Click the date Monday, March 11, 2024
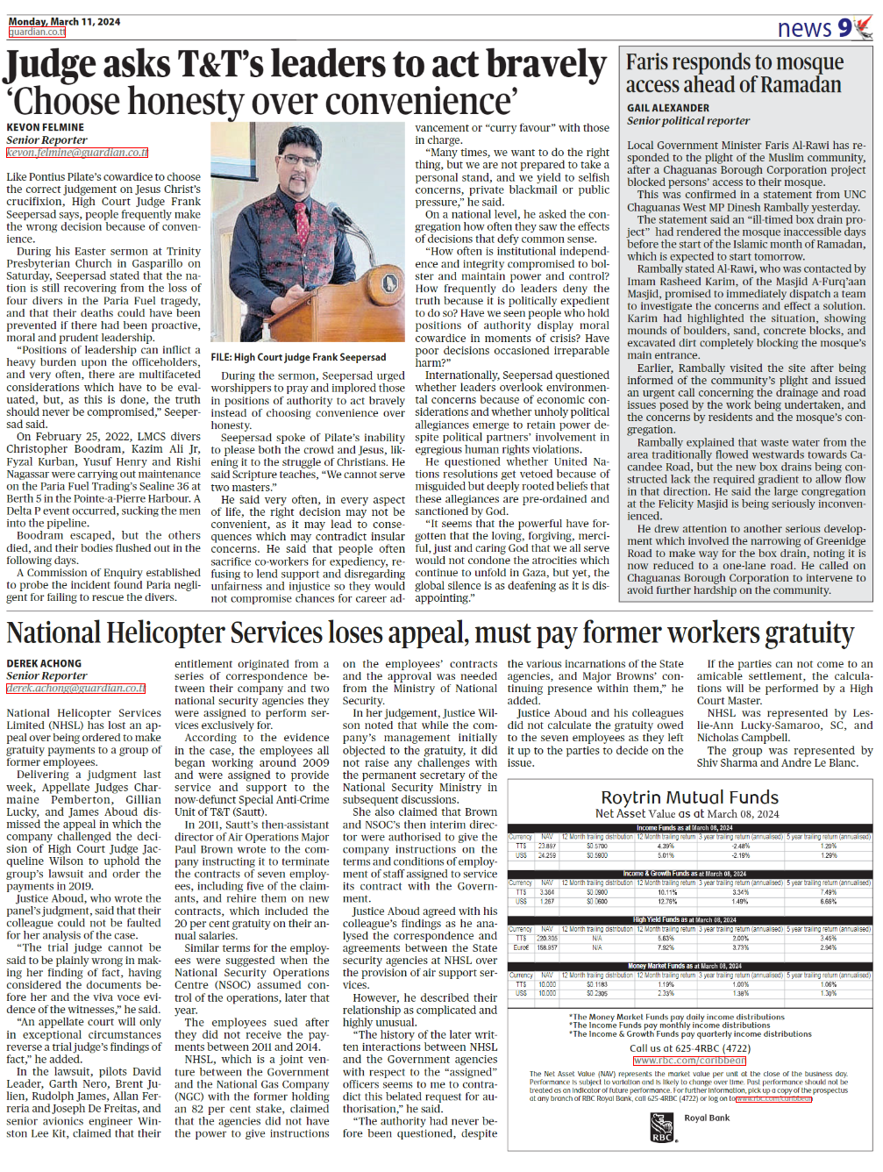(64, 21)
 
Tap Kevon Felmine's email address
(77, 153)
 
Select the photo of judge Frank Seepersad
(309, 235)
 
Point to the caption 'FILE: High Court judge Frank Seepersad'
(298, 357)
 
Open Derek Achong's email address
(75, 689)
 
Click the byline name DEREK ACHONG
(44, 664)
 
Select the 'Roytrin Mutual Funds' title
(689, 797)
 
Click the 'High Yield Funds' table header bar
(689, 919)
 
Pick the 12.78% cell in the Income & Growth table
(666, 901)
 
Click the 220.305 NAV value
(547, 939)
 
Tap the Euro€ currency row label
(521, 947)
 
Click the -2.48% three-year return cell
(740, 847)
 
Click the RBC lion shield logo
(662, 1126)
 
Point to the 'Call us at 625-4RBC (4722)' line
(689, 1047)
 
